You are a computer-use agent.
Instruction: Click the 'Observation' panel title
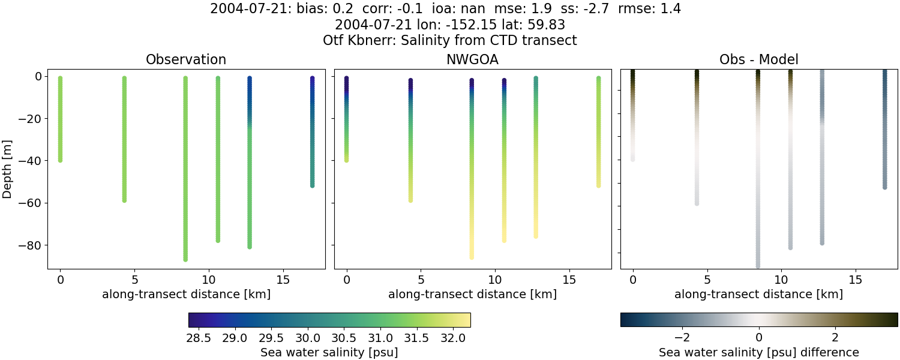186,60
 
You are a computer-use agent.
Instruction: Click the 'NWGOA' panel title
472,60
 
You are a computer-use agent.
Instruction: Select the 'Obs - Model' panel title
758,60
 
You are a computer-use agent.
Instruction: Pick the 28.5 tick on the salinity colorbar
199,338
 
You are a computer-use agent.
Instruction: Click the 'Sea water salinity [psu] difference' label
758,352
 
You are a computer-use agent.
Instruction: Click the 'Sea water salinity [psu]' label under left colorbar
329,352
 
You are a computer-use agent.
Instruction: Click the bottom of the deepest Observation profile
185,259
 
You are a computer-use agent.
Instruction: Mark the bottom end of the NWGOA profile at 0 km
346,160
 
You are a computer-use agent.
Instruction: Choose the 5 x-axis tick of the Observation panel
134,280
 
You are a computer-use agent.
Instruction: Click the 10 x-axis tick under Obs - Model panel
781,280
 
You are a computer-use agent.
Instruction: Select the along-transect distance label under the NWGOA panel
472,294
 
